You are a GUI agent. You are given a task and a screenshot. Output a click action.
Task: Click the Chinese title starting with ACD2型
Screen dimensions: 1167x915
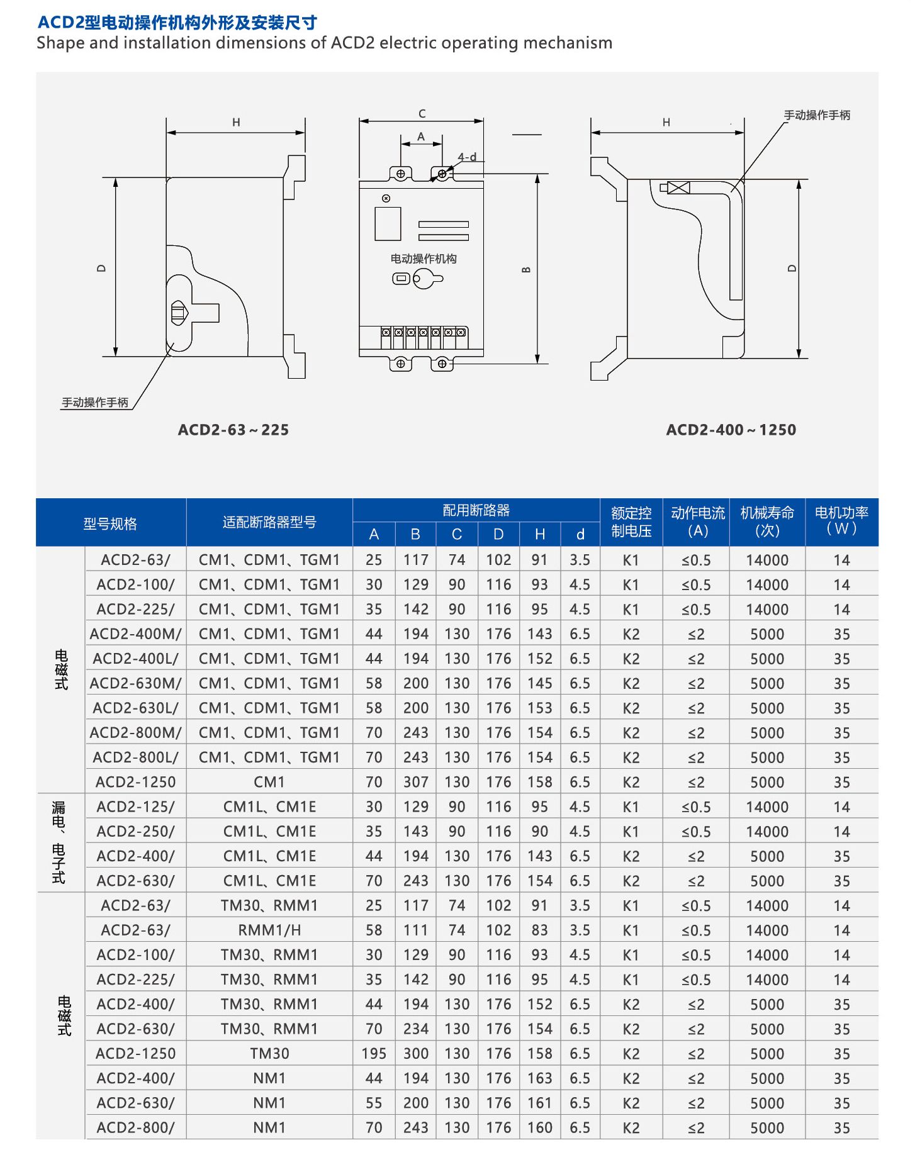click(177, 23)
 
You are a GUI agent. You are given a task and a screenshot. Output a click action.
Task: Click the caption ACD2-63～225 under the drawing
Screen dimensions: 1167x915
click(233, 430)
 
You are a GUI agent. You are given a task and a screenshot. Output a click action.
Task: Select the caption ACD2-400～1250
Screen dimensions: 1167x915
click(731, 430)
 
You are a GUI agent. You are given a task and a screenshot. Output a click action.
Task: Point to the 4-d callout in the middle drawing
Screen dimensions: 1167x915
click(467, 157)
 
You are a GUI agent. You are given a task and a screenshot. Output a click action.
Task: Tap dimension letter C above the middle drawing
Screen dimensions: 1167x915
click(422, 114)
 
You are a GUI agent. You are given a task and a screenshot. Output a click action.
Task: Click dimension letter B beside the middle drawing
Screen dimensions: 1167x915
click(527, 269)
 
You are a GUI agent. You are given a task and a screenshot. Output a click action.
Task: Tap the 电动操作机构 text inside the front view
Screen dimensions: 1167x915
click(424, 259)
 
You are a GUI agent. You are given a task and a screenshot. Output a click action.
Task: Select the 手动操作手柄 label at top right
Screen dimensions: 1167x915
click(817, 115)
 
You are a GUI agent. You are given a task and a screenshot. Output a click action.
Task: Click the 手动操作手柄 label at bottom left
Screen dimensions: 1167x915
click(95, 402)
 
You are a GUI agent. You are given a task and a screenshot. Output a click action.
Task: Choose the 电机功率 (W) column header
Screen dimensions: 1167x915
click(841, 521)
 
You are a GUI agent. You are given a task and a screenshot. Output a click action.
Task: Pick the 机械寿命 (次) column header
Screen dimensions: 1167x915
click(767, 522)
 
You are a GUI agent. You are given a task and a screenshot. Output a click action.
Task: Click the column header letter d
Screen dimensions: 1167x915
click(580, 534)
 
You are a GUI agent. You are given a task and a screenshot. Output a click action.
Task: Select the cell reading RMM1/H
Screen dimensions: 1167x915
click(269, 930)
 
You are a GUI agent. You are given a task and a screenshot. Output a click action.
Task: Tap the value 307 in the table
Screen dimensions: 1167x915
click(415, 782)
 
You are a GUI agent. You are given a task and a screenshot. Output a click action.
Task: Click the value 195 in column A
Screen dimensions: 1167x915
click(374, 1053)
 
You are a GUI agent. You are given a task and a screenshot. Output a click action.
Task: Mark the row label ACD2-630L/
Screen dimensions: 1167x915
click(135, 708)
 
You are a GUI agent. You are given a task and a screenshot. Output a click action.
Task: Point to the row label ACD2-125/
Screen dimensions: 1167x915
click(135, 807)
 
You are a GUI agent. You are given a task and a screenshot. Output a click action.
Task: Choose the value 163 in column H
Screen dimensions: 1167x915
click(539, 1078)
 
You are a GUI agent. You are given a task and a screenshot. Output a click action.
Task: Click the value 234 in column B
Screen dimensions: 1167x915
click(415, 1029)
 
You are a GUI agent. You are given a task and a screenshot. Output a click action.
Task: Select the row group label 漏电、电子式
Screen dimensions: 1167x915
click(59, 842)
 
